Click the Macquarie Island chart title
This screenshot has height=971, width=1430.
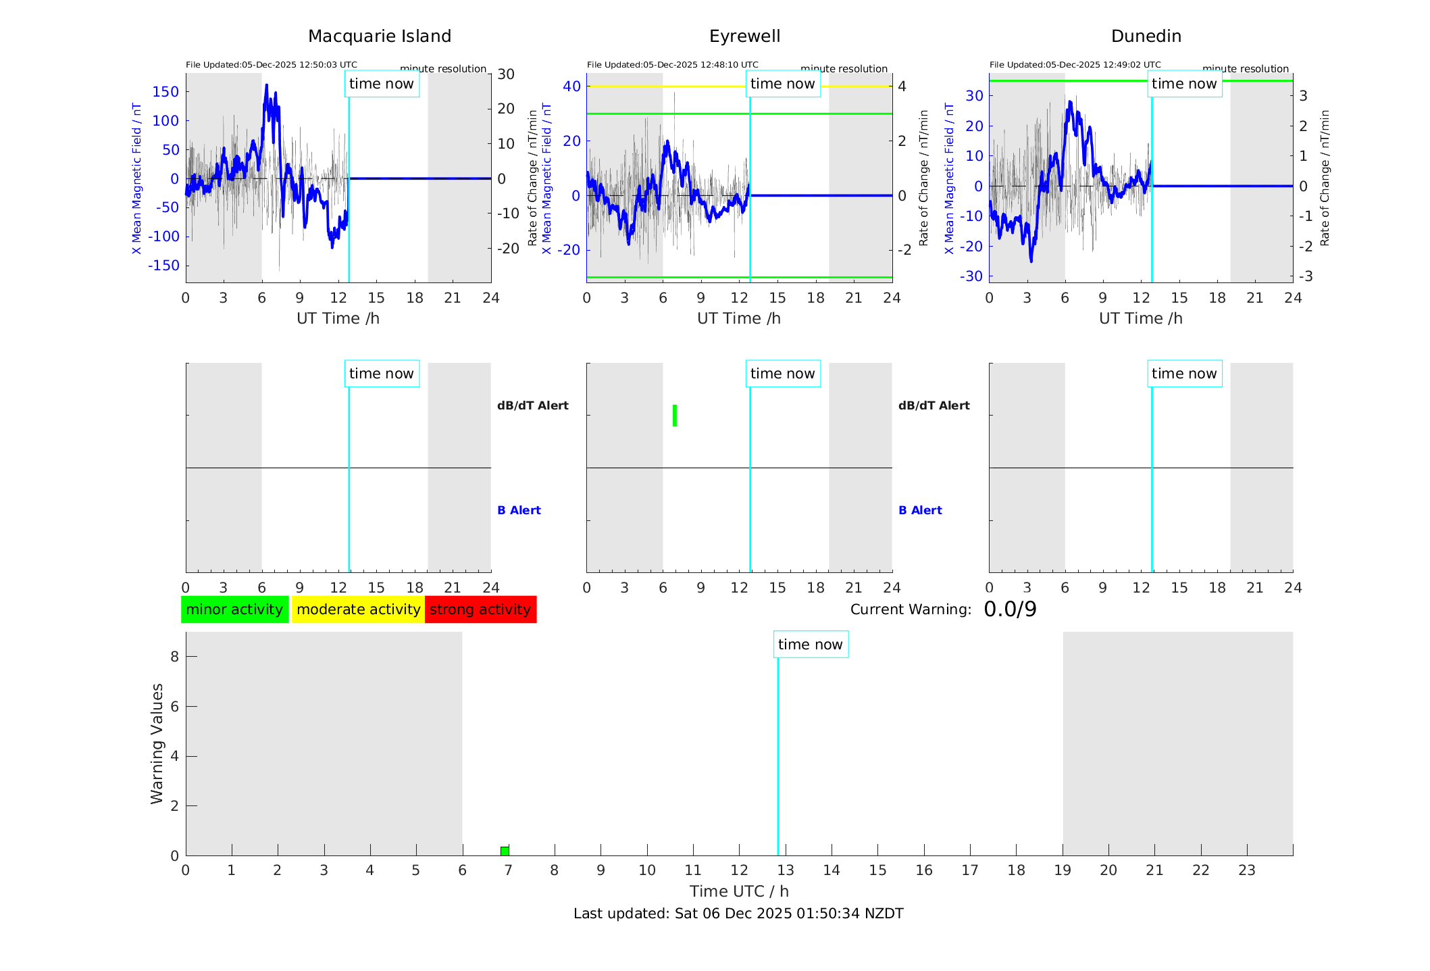pos(379,36)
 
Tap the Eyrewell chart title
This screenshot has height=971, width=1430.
pos(744,36)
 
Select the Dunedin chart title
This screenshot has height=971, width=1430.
pos(1146,36)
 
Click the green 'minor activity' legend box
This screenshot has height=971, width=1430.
pos(234,609)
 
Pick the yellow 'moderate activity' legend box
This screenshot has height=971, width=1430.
pos(358,609)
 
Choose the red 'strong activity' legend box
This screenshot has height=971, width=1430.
pos(480,609)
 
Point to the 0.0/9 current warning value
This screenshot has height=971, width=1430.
pos(1010,609)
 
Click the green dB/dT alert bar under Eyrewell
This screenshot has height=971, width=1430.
pos(675,416)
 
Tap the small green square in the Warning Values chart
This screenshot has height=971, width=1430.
pos(505,851)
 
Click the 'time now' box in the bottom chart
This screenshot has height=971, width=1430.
pos(810,645)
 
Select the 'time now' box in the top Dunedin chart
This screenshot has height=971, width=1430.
pos(1184,84)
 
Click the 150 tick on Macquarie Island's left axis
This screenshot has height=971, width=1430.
pos(165,92)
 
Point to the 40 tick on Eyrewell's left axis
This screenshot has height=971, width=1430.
pos(571,86)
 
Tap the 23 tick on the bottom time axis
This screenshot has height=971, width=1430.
pos(1246,870)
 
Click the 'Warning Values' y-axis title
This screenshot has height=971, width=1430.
pos(157,743)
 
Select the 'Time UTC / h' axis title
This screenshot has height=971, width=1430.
pos(739,891)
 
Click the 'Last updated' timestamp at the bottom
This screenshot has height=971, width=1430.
pos(738,914)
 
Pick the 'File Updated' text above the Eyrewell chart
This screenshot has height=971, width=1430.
pos(672,65)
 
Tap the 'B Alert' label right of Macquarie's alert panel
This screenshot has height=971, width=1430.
pos(519,510)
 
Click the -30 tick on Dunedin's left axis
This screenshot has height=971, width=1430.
pos(973,276)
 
